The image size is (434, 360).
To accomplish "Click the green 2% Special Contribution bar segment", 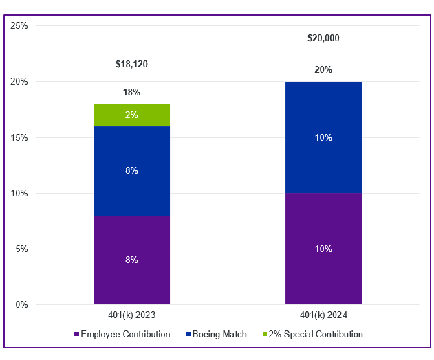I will pos(131,115).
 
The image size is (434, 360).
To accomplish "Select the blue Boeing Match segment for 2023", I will pos(131,170).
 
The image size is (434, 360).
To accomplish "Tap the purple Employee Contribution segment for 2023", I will pos(131,260).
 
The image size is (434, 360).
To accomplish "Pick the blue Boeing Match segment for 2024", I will pos(323,137).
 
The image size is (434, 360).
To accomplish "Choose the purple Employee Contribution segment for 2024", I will pos(323,249).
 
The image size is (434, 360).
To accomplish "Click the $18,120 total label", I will pos(131,65).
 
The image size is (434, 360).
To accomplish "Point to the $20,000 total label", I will pos(323,38).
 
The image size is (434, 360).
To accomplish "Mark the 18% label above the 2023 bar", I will pos(131,92).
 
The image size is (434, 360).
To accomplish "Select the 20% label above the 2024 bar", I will pos(323,69).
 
